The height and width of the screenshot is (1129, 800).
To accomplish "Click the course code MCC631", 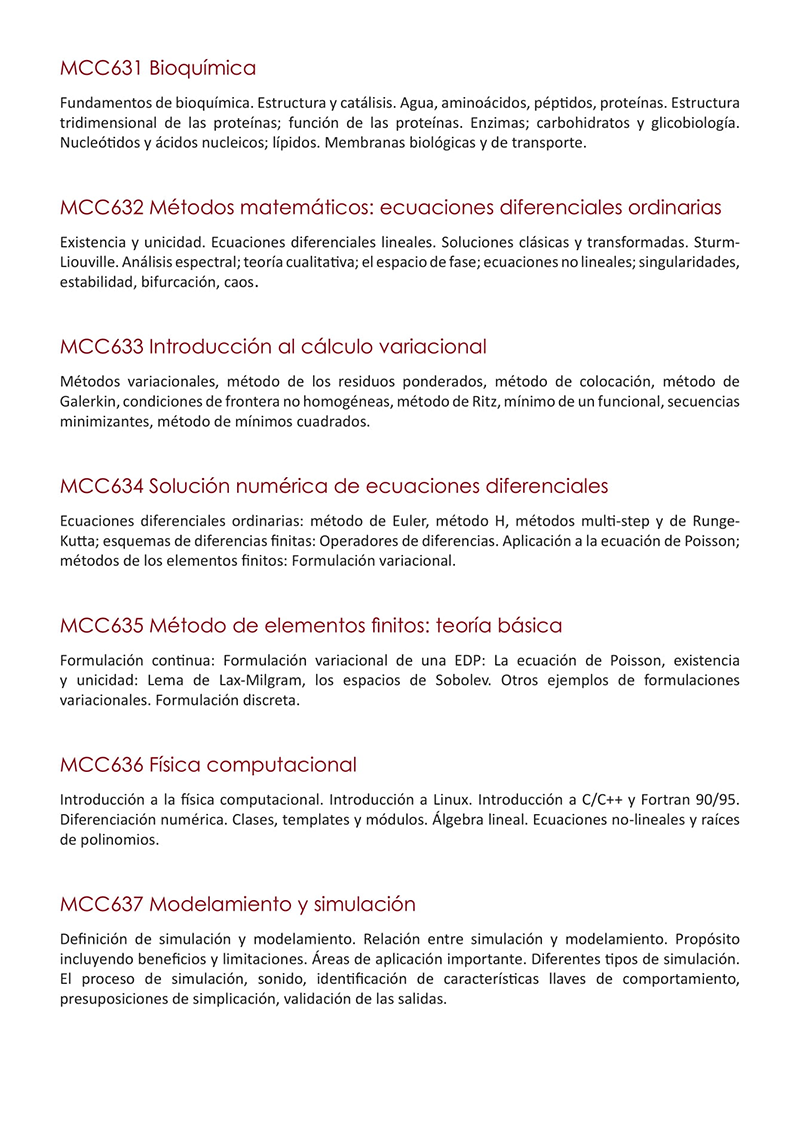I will click(x=101, y=69).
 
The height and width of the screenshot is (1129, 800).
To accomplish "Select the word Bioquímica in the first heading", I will click(x=202, y=69).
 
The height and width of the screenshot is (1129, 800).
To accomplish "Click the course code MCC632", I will click(x=101, y=208).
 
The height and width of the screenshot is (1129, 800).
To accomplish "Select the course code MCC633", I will click(x=101, y=347).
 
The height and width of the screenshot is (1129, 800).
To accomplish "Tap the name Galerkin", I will click(x=89, y=402).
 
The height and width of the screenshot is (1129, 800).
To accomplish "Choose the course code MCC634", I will click(x=101, y=487).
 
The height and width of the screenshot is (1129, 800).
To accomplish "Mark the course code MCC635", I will click(x=101, y=626).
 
